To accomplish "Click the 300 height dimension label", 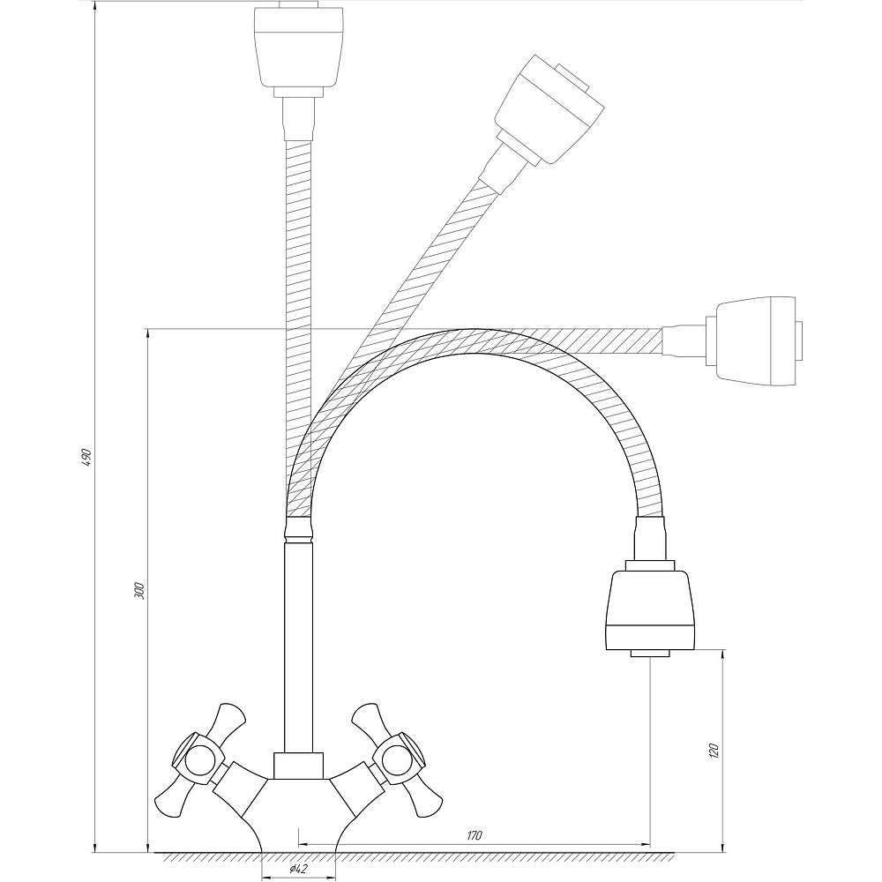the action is [x=140, y=591].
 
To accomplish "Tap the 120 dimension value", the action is [x=715, y=750].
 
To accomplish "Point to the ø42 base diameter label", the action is [x=298, y=870].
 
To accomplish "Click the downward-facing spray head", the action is [x=649, y=609].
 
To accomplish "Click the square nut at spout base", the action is [x=298, y=766].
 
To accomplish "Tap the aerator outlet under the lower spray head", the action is [x=650, y=654].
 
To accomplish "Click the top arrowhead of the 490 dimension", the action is [x=94, y=4].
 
